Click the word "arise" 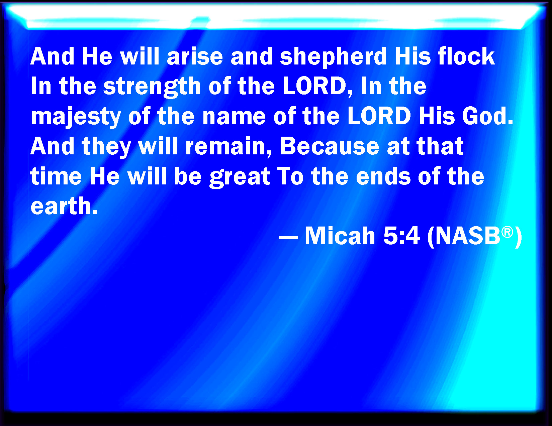[x=195, y=56]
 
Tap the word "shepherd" [x=333, y=58]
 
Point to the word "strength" [x=152, y=88]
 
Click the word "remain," [x=229, y=147]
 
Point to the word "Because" [x=329, y=146]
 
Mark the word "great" [x=240, y=178]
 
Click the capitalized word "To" [x=290, y=176]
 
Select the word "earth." [x=64, y=206]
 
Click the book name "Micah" [x=340, y=236]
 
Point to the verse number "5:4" [x=401, y=236]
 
